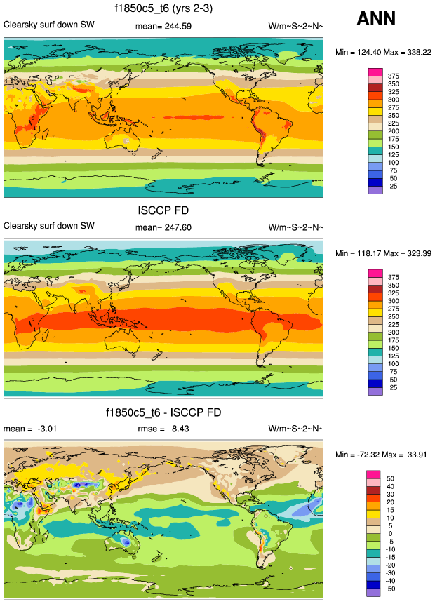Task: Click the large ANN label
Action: (376, 18)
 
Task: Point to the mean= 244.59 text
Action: (163, 27)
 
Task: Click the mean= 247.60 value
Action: (163, 227)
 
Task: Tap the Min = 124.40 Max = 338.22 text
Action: (382, 52)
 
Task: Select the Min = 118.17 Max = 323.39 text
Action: (382, 253)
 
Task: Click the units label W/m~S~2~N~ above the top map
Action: (297, 27)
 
